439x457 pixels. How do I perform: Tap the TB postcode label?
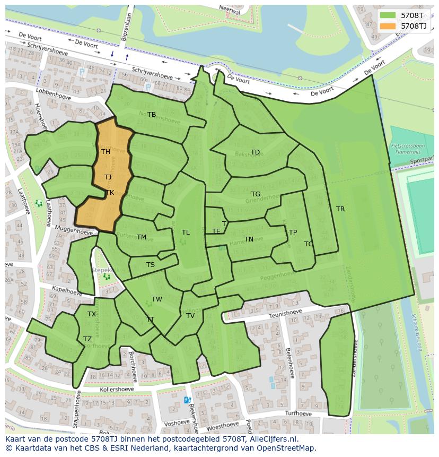click(x=152, y=115)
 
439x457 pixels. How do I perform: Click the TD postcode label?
click(x=255, y=152)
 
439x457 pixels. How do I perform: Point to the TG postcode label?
click(x=256, y=194)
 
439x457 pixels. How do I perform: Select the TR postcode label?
click(x=340, y=209)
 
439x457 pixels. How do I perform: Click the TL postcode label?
click(x=186, y=232)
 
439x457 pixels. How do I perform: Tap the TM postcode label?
click(x=141, y=237)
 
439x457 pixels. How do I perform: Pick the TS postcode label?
click(x=151, y=265)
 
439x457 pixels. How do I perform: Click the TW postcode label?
click(x=157, y=299)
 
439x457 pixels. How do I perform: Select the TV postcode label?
click(x=190, y=316)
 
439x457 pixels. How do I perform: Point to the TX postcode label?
click(x=92, y=314)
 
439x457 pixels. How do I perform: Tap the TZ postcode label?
click(x=87, y=339)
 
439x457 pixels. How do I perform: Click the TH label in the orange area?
click(x=106, y=152)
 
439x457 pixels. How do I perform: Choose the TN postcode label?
click(x=249, y=239)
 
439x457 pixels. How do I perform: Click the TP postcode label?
click(x=293, y=232)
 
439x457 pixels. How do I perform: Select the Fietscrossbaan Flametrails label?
click(x=408, y=148)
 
